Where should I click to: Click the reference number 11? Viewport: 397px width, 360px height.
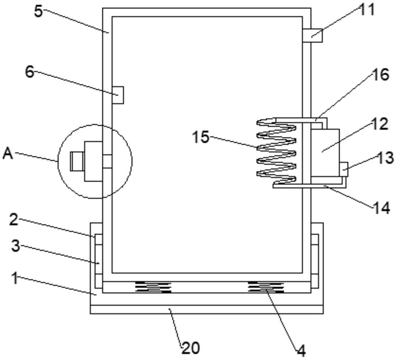coord(368,10)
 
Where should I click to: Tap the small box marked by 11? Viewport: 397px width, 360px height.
coord(312,35)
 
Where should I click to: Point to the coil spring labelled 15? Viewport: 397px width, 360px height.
coord(276,152)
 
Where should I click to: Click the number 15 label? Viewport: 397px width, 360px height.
coord(200,138)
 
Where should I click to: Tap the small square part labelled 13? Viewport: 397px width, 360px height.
coord(344,169)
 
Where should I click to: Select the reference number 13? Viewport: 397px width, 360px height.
coord(385,158)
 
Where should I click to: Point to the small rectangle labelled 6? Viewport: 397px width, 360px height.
coord(118,95)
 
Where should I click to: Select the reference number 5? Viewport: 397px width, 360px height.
coord(38,12)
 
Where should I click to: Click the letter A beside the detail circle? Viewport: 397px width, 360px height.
coord(8,154)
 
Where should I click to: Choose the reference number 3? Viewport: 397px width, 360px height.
coord(15,246)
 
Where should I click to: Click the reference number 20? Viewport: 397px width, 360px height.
coord(190,348)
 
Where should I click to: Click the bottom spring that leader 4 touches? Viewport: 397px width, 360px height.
coord(266,287)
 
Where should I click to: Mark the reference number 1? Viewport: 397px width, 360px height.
coord(14,278)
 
